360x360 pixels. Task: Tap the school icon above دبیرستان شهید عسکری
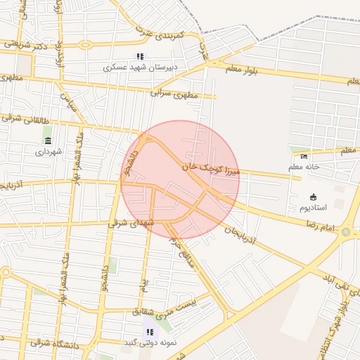pos(139,56)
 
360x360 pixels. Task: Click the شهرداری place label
pos(49,151)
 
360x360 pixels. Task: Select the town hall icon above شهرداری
pos(48,141)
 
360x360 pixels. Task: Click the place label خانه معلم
pos(304,167)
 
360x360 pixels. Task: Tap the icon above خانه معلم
pos(304,156)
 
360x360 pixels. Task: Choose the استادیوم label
pos(314,208)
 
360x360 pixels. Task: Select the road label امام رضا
pos(319,226)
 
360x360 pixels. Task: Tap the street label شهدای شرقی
pos(127,223)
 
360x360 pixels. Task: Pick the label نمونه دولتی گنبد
pos(149,342)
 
